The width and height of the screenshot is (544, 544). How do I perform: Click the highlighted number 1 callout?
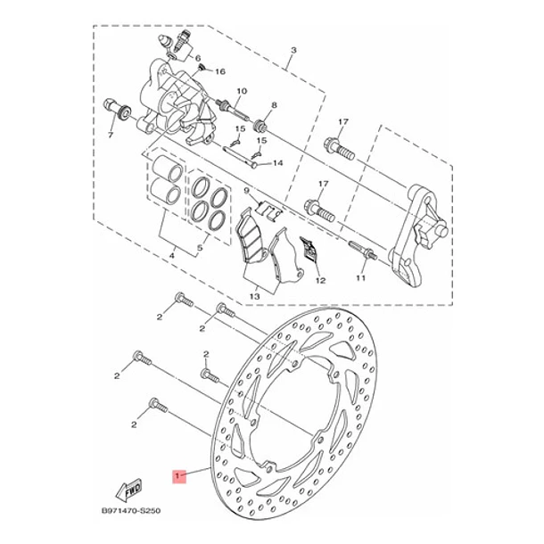coord(180,476)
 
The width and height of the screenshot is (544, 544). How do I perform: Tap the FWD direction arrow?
coord(129,490)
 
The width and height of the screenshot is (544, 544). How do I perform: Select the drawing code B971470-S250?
coord(131,511)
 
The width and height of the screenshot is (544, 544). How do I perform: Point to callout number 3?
coord(293,50)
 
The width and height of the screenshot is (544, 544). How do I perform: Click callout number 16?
coord(220,71)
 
